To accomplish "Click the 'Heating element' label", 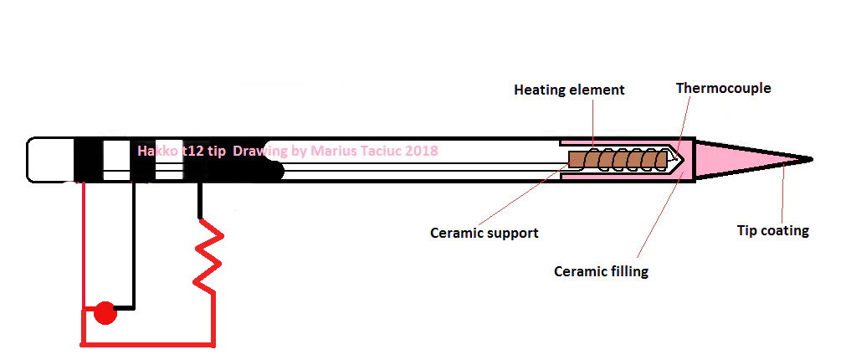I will [569, 90].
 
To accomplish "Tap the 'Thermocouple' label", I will [723, 88].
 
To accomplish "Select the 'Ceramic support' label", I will [484, 233].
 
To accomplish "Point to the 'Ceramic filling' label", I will [601, 271].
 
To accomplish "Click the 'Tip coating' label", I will [772, 230].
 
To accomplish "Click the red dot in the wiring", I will [104, 313].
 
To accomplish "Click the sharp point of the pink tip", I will [810, 158].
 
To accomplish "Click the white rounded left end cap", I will [50, 159].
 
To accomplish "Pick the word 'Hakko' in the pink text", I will [156, 152].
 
